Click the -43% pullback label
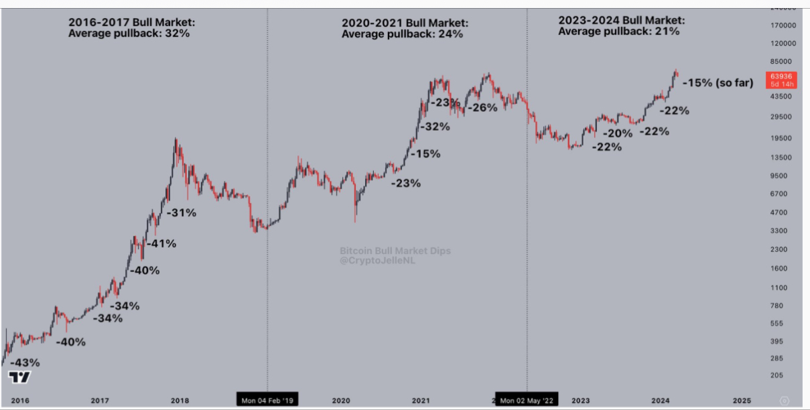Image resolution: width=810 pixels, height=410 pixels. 25,362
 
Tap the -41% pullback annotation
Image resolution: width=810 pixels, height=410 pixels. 161,244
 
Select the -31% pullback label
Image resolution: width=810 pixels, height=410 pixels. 181,213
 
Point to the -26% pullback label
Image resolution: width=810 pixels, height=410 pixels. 482,107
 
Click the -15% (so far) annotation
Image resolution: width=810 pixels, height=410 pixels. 717,83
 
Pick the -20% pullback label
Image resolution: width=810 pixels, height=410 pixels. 617,133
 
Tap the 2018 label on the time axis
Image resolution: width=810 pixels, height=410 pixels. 180,401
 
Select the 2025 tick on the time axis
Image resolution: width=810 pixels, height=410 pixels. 741,401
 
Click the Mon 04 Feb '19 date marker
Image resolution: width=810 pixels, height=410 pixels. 267,401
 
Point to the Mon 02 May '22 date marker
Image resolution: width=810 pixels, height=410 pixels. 527,401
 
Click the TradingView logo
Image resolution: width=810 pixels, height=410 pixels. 19,377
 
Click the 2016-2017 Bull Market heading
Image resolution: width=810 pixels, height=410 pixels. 131,22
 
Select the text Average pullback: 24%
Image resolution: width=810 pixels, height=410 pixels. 402,34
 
